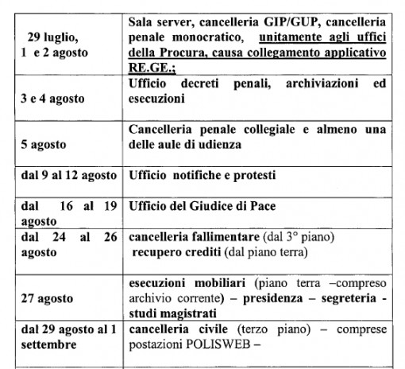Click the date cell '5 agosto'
coord(44,146)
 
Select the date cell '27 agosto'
coord(48,299)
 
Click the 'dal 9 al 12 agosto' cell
coord(67,175)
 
